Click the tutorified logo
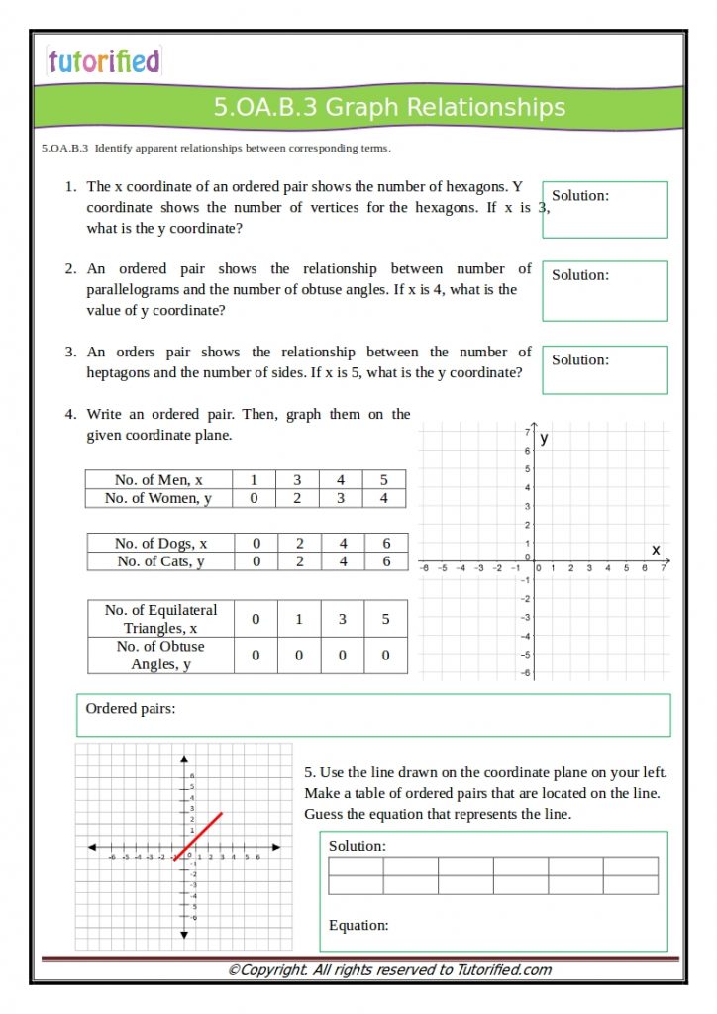103,61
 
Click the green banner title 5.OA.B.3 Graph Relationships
389,107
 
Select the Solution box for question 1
604,209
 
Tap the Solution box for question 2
604,290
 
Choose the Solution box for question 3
604,369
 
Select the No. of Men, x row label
158,480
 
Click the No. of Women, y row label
158,498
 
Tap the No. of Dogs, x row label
160,543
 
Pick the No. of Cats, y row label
160,561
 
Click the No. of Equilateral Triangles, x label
160,619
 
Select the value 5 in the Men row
384,480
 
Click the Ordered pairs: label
131,708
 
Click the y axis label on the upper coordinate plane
545,437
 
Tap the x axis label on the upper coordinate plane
655,549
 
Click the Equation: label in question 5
358,925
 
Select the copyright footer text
389,970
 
